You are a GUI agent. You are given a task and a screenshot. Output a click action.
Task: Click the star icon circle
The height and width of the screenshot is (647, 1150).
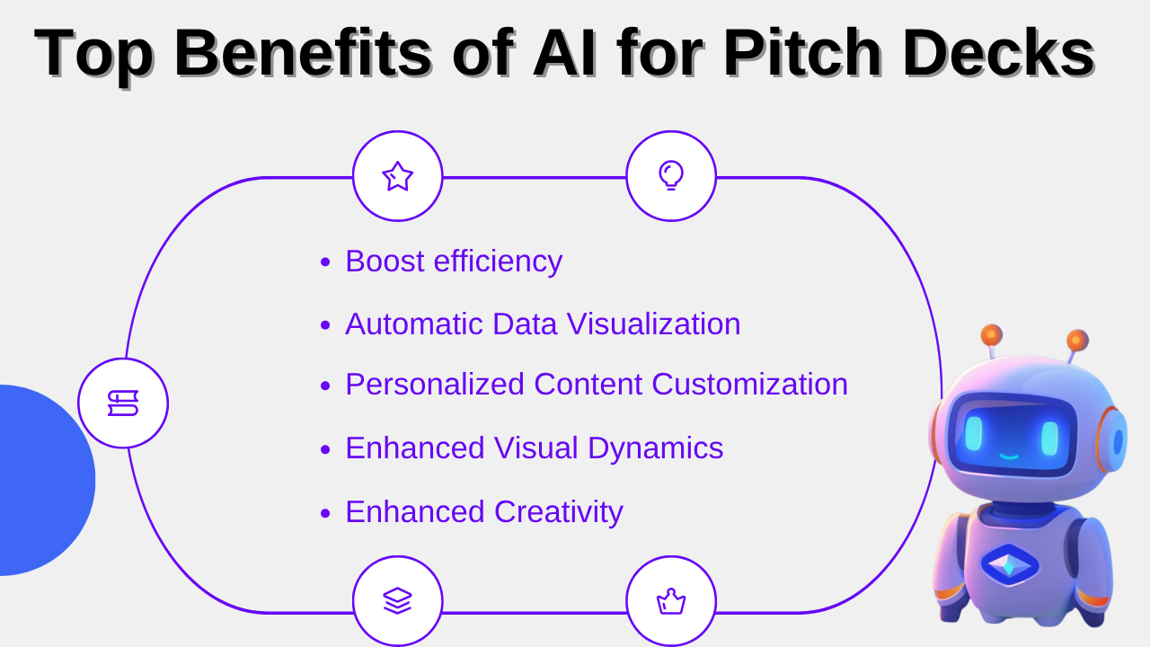(397, 176)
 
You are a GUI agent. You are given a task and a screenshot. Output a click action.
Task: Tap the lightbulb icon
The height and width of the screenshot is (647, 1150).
(671, 175)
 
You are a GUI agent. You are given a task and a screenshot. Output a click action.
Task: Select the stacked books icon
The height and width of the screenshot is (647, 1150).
(123, 403)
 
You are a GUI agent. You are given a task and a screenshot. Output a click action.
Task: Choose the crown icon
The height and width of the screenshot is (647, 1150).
(671, 601)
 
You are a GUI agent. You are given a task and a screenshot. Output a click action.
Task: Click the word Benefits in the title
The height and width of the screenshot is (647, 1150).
(303, 53)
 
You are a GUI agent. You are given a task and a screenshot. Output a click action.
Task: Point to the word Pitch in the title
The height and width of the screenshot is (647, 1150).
(803, 53)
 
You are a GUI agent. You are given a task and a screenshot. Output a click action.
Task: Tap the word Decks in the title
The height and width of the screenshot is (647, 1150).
(999, 53)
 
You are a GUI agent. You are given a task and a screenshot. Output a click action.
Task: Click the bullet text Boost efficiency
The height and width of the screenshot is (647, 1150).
(454, 261)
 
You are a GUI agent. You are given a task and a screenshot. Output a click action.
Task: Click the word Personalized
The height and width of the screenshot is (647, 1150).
(435, 384)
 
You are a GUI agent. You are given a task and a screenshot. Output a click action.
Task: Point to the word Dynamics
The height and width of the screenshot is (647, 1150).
(656, 448)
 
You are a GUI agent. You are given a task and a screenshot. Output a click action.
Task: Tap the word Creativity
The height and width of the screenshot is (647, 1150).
(559, 512)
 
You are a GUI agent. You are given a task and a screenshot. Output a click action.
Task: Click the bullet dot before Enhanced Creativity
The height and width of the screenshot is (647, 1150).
(325, 513)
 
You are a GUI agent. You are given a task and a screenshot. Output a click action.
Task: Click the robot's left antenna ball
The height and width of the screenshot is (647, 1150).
(991, 335)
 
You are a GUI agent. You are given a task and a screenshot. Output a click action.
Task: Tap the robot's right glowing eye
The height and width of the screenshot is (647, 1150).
(1049, 438)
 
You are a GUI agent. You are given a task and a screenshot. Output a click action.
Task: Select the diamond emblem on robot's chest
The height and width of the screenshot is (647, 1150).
(1009, 565)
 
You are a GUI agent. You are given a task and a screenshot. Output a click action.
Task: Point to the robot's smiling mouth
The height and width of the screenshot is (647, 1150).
(1009, 456)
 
